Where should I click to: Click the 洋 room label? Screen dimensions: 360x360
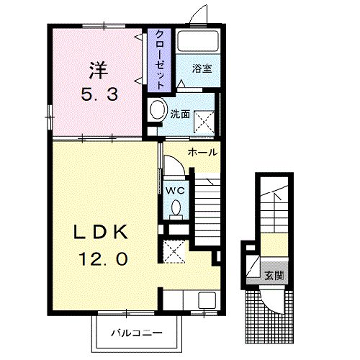click(97, 71)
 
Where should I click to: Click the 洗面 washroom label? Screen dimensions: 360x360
click(179, 112)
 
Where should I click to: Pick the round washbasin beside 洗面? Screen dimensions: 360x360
click(158, 111)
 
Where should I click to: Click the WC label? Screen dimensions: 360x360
click(173, 188)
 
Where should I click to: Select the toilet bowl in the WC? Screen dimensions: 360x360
click(174, 208)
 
